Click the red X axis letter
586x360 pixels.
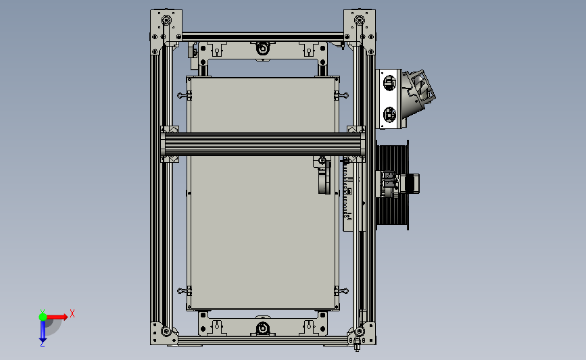(x=72, y=313)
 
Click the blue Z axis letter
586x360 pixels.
(x=42, y=344)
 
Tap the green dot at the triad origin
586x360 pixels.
(x=43, y=317)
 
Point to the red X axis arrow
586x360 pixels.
(x=57, y=317)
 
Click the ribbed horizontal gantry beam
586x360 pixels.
(x=263, y=144)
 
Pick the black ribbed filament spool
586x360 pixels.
(x=392, y=185)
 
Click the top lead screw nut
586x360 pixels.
(x=263, y=49)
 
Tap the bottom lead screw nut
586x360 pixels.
(x=263, y=328)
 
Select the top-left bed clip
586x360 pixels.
(x=185, y=96)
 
